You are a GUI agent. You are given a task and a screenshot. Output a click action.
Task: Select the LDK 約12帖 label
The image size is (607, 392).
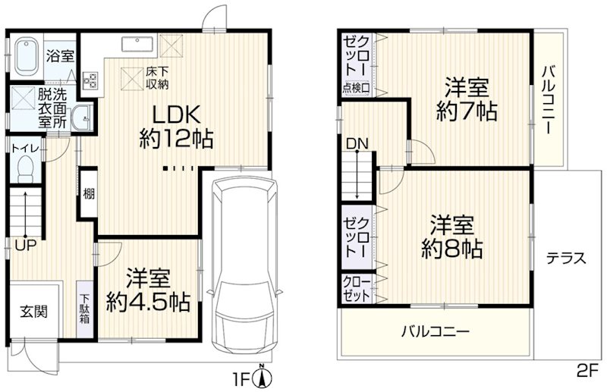click(x=176, y=127)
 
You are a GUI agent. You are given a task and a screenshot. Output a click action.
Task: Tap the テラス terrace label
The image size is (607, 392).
click(x=566, y=258)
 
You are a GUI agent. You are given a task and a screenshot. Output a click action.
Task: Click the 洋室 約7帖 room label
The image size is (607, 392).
click(x=466, y=100)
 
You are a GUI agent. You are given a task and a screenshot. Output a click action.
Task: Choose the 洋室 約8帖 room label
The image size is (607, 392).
click(x=453, y=236)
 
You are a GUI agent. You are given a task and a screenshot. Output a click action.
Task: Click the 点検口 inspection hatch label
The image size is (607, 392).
click(x=356, y=88)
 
